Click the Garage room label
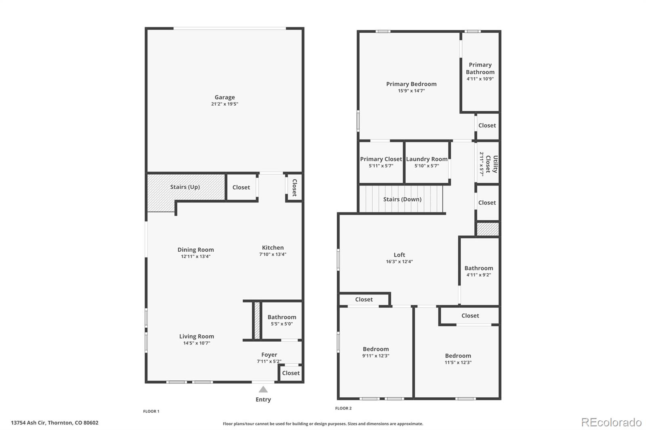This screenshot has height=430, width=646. pyautogui.click(x=224, y=97)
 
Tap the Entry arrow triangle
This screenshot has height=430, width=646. pyautogui.click(x=263, y=389)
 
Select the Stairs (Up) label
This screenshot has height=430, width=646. pyautogui.click(x=185, y=187)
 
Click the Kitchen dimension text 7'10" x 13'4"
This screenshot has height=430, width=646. pyautogui.click(x=273, y=254)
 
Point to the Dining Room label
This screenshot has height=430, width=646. pyautogui.click(x=195, y=250)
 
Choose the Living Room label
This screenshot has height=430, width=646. pyautogui.click(x=197, y=336)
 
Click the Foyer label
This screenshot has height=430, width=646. pyautogui.click(x=269, y=355)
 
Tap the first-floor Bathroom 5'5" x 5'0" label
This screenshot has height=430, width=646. pyautogui.click(x=282, y=317)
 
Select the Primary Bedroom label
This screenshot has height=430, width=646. pyautogui.click(x=411, y=84)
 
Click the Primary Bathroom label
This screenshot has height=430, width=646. pyautogui.click(x=480, y=69)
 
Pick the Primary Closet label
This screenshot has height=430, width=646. pyautogui.click(x=381, y=159)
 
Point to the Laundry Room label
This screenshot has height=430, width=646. pyautogui.click(x=427, y=159)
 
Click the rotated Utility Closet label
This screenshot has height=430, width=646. pyautogui.click(x=491, y=164)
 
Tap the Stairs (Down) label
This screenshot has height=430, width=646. pyautogui.click(x=402, y=199)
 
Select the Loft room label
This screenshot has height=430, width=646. pyautogui.click(x=399, y=255)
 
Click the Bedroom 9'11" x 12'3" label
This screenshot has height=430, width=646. pyautogui.click(x=375, y=349)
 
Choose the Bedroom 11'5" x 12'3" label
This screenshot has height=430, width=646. pyautogui.click(x=458, y=356)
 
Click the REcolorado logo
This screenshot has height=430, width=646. pyautogui.click(x=611, y=422)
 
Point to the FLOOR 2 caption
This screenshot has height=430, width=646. pyautogui.click(x=343, y=408)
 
